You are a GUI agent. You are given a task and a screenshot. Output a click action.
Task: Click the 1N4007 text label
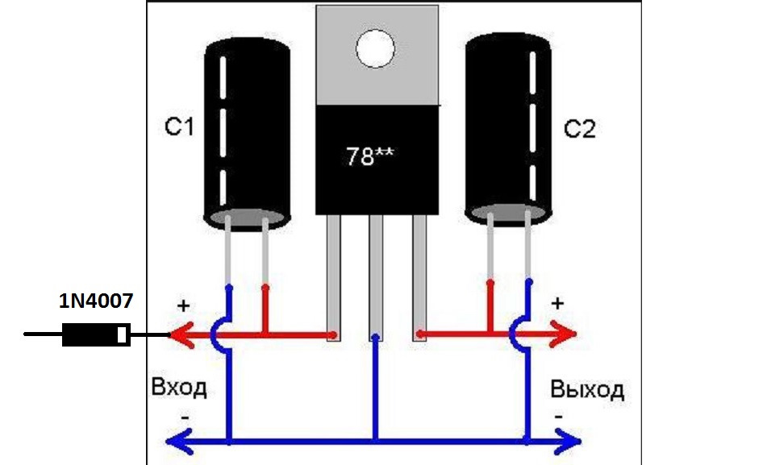[96, 301]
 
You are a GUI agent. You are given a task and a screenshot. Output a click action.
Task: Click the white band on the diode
[122, 334]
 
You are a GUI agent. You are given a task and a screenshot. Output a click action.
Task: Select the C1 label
[180, 127]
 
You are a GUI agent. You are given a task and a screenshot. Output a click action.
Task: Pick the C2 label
[580, 129]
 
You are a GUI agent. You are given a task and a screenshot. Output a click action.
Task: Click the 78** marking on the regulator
[370, 156]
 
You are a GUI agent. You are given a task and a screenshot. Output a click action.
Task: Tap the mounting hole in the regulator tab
[375, 48]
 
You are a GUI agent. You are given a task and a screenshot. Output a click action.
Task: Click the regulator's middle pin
[375, 278]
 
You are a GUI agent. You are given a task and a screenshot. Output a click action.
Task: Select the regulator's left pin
[333, 278]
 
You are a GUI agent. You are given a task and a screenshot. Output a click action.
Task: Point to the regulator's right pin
[419, 278]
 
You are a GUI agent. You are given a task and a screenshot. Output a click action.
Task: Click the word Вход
[179, 388]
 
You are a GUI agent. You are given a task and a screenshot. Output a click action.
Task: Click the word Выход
[587, 389]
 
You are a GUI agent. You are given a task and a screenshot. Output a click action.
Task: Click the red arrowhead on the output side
[564, 334]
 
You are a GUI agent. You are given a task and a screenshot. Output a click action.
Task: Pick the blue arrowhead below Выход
[568, 442]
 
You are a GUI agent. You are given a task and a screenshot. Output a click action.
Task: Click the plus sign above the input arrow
[183, 306]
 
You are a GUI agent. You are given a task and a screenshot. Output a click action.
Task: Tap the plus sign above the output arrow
[557, 304]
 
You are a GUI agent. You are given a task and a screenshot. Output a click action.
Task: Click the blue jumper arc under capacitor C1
[214, 334]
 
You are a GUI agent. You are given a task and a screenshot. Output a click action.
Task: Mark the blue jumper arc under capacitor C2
[512, 334]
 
